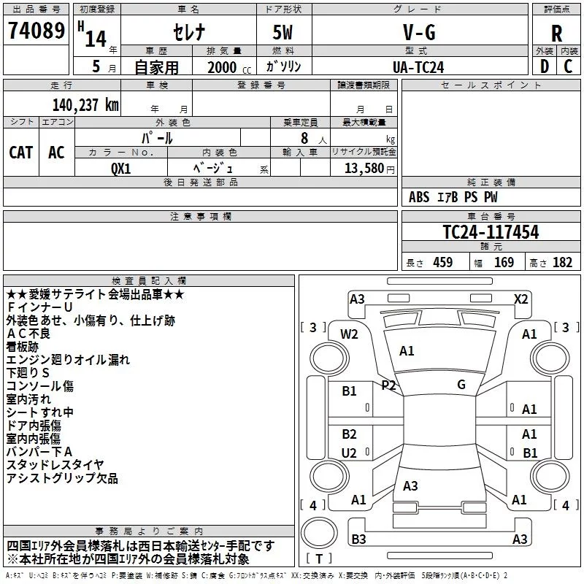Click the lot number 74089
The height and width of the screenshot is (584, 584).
35,33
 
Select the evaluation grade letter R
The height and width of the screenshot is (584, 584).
556,33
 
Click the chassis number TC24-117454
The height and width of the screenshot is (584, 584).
491,232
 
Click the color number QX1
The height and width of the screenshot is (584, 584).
120,168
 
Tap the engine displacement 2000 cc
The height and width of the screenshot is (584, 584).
222,67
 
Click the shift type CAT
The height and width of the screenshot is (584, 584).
20,152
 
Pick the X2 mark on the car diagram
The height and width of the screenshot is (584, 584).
521,299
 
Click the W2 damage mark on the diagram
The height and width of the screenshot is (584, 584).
349,334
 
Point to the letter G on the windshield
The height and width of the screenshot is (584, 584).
461,385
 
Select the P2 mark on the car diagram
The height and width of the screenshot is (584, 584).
388,385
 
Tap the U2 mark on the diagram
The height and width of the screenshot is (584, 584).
349,453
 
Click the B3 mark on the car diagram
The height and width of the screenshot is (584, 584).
358,539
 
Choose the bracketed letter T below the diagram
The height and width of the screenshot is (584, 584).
320,558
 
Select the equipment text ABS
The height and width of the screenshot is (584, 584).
419,197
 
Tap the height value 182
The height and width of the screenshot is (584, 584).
562,262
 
